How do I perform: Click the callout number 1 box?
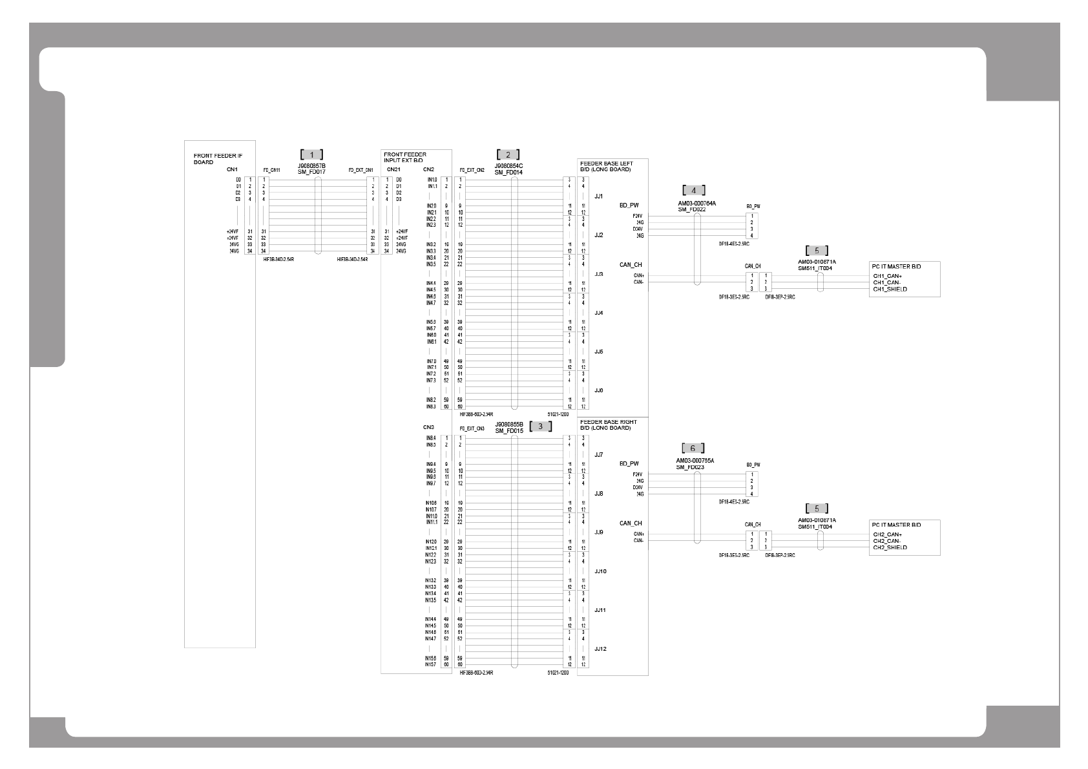pos(312,154)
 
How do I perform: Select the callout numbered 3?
pos(540,427)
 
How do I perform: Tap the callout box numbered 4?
pos(693,190)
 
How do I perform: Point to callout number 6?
pos(693,448)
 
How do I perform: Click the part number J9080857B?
pos(311,166)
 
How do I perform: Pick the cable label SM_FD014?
pos(508,173)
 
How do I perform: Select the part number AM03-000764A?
pos(696,204)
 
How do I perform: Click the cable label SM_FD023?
pos(691,467)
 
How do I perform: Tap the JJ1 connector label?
pos(598,196)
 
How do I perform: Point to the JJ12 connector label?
pos(600,649)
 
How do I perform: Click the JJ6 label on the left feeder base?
pos(598,390)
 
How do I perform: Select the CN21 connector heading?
pos(393,169)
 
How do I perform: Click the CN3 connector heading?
pos(428,427)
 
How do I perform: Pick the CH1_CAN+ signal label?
pos(887,276)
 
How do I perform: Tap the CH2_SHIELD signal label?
pos(890,547)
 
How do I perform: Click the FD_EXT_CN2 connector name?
pos(472,171)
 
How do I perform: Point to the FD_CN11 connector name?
pos(271,171)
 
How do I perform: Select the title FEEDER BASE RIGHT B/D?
pos(608,425)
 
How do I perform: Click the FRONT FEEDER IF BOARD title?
pos(218,159)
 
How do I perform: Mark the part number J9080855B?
pos(508,424)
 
